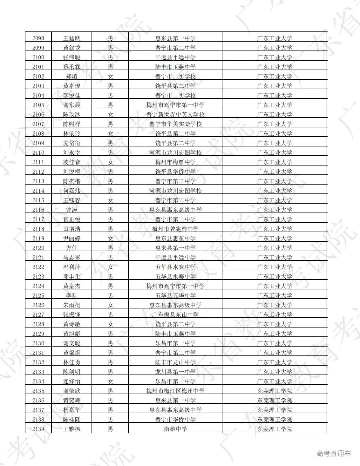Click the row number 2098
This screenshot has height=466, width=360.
(x=38, y=38)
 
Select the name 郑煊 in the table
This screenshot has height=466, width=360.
(x=72, y=76)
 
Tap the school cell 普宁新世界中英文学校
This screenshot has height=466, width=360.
(x=175, y=115)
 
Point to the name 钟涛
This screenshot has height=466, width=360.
(x=72, y=210)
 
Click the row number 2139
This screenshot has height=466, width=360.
(x=38, y=429)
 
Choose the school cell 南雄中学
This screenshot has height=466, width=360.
(x=175, y=429)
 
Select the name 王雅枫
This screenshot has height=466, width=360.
(x=72, y=429)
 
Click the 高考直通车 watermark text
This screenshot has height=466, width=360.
(x=333, y=453)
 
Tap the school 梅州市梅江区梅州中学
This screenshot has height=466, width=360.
(x=175, y=391)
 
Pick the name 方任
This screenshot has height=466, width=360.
(x=72, y=248)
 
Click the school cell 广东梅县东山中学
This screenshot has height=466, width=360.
(x=175, y=315)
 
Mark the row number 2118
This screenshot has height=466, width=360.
(x=38, y=229)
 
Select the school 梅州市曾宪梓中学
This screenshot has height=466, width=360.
(x=175, y=229)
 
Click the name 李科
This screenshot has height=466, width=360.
(x=72, y=296)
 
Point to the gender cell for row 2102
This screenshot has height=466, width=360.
(x=110, y=76)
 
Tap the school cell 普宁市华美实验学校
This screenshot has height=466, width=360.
(x=175, y=124)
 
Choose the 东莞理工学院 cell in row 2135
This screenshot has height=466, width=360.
(x=274, y=391)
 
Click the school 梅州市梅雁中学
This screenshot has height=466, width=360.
(x=175, y=162)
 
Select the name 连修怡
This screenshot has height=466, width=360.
(x=72, y=381)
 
